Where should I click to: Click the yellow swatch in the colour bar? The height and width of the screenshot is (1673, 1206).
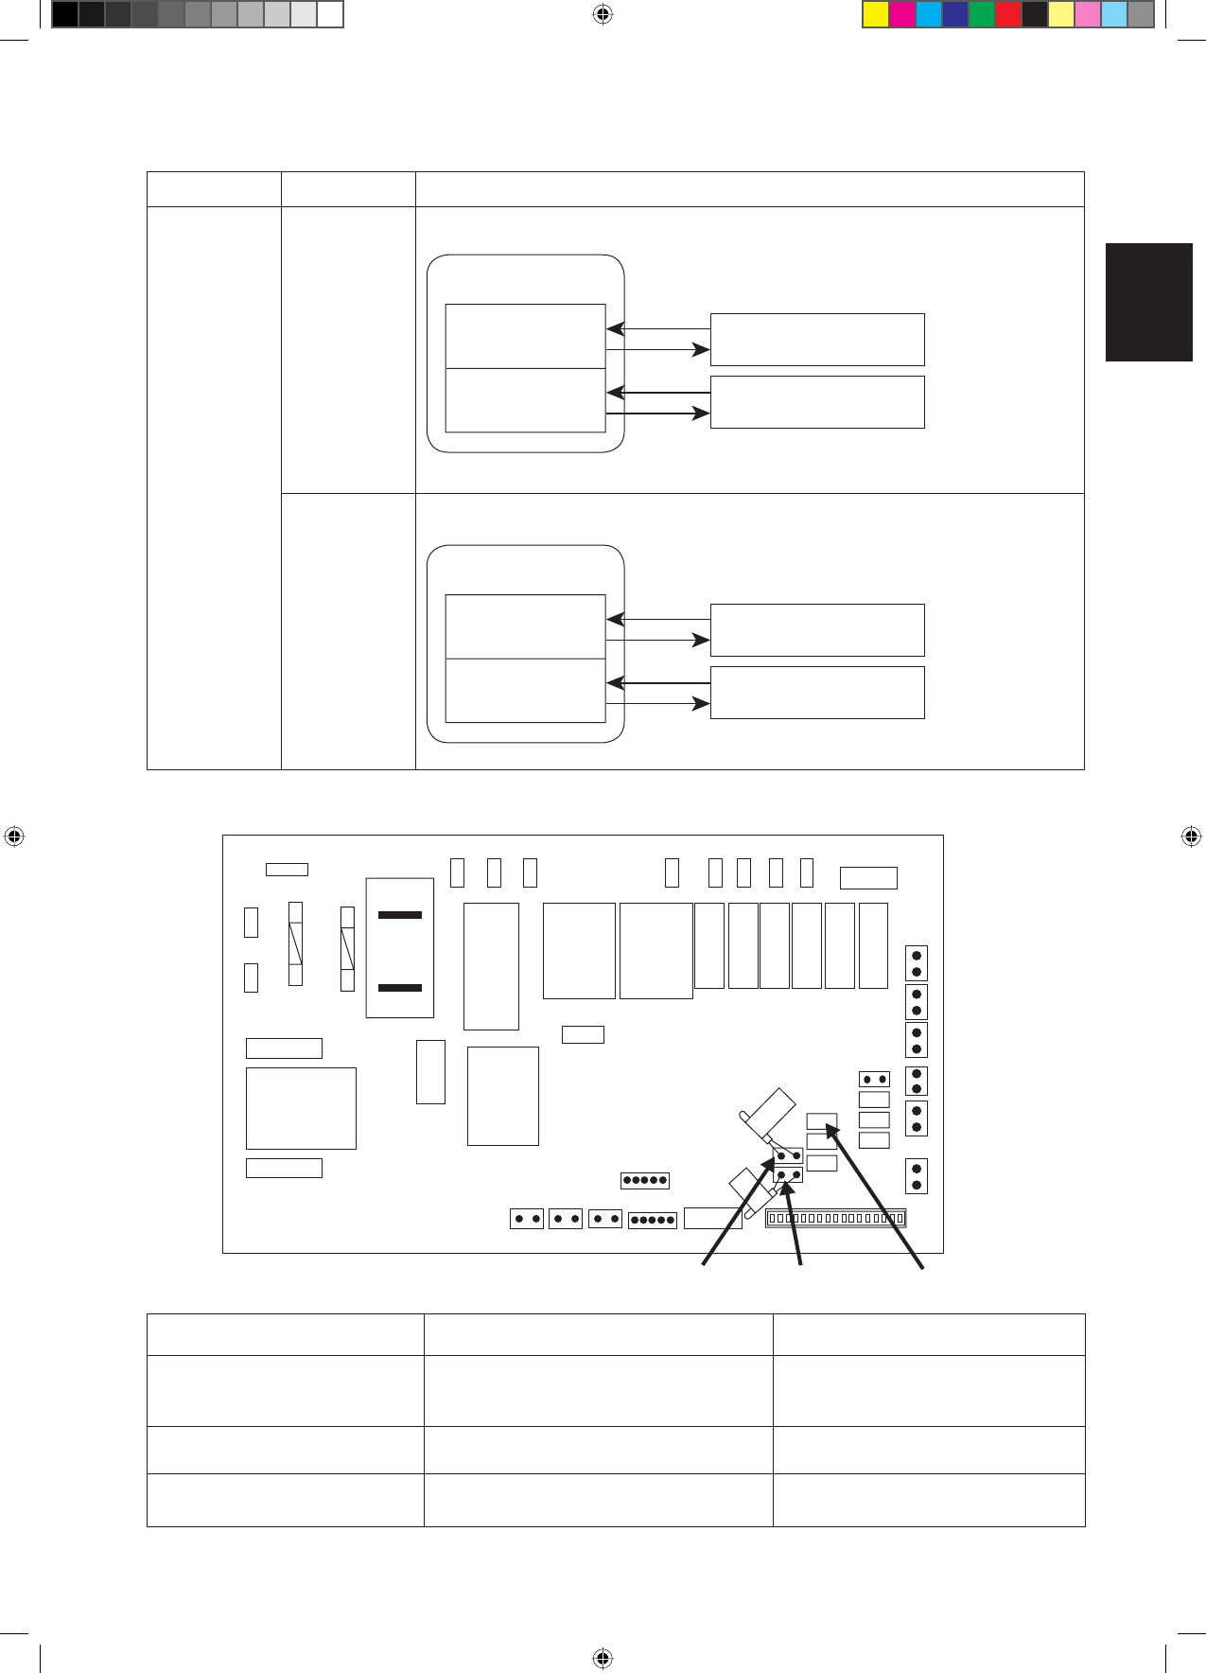point(876,14)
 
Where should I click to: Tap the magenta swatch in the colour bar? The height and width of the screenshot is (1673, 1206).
point(902,14)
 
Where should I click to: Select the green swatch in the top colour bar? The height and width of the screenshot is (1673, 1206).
point(982,14)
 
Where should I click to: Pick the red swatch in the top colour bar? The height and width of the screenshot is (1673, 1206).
point(1008,14)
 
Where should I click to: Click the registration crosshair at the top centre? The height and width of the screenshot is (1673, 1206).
point(603,14)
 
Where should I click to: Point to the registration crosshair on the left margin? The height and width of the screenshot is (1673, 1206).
point(14,836)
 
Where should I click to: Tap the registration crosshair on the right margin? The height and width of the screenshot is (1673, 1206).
point(1191,836)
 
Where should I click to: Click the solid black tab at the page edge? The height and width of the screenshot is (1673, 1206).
point(1148,302)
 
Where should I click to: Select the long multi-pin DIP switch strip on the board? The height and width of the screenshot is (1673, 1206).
point(835,1218)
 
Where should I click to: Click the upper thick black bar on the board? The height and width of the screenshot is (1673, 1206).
point(400,915)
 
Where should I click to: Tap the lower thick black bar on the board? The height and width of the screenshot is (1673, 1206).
point(400,988)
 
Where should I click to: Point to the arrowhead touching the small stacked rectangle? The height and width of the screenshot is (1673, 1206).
point(830,1126)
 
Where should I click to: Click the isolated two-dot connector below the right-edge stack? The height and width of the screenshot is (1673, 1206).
point(916,1176)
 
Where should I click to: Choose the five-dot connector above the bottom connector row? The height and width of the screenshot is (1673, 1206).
point(645,1180)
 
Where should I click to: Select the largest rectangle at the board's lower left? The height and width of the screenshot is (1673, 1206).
point(301,1108)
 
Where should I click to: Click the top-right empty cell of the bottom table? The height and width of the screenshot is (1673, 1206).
point(928,1334)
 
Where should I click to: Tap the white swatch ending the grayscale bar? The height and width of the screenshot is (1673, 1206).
point(329,14)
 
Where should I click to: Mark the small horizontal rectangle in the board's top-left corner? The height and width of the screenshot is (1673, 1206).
point(287,869)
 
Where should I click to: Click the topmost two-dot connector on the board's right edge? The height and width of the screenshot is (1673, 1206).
point(916,963)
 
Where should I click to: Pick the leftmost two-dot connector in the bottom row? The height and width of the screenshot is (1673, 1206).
point(527,1219)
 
